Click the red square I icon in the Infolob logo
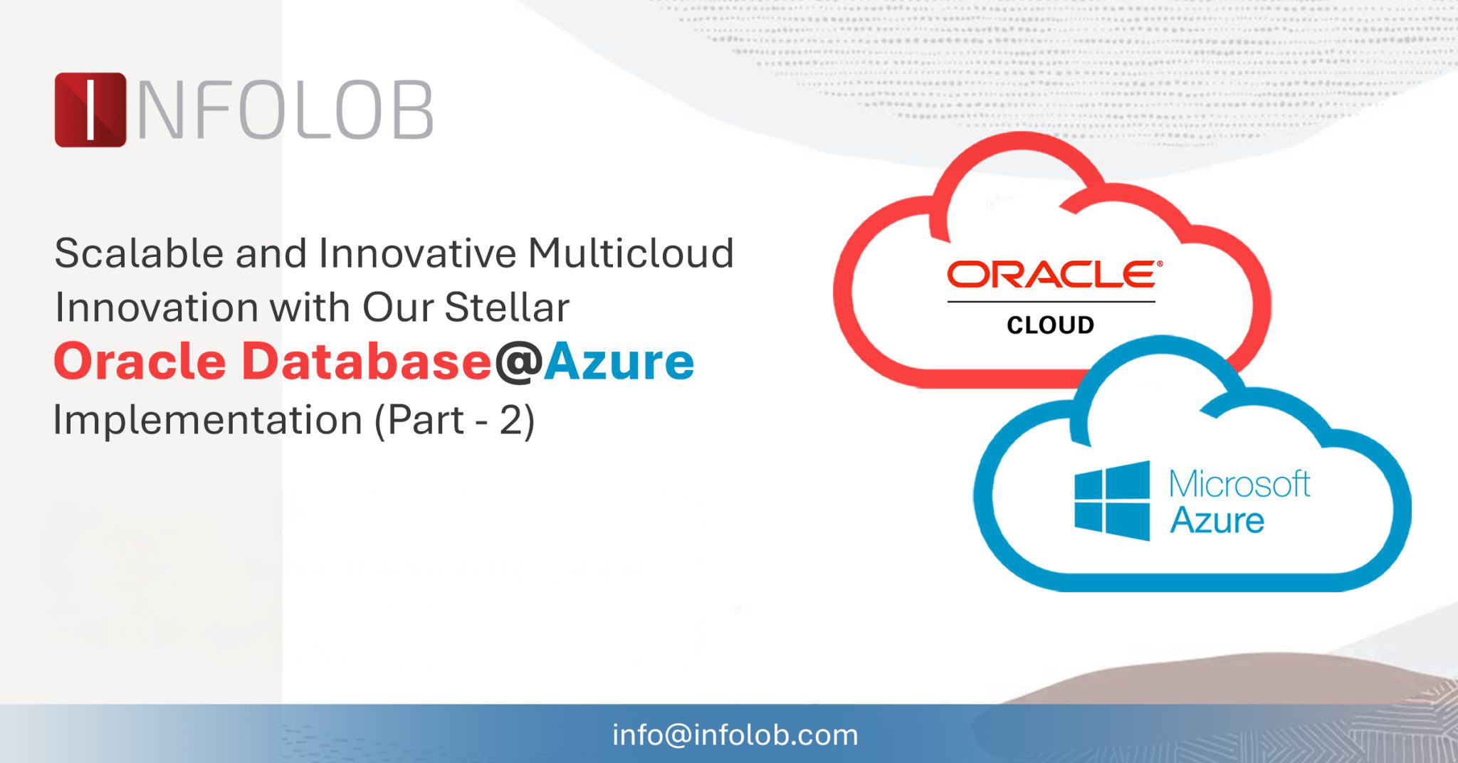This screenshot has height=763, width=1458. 90,110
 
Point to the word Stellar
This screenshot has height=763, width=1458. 508,307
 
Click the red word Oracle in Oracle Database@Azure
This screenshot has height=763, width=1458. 140,362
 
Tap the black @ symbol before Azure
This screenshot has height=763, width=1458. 518,363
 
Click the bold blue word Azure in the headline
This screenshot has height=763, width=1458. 619,362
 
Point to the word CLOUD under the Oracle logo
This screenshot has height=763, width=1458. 1051,325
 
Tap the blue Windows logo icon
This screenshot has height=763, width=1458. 1112,501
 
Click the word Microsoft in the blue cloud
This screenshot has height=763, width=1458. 1240,484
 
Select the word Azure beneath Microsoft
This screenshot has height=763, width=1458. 1217,520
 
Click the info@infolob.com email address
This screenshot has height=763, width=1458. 735,735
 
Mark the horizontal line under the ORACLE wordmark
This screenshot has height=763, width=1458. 1051,302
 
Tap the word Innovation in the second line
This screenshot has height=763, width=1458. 157,307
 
